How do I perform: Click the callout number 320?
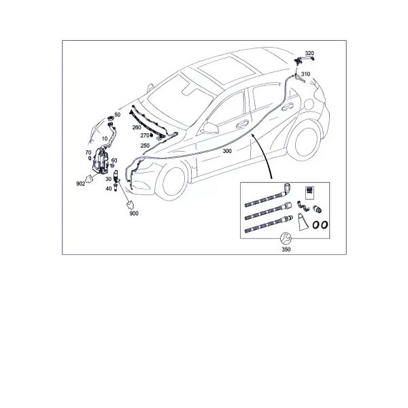pos(309,53)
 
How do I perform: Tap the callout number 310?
pos(305,74)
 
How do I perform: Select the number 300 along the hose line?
pos(227,151)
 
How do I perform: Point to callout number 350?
pos(286,250)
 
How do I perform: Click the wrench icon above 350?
pos(286,239)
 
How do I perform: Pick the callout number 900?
pos(134,214)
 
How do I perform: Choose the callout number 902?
pos(80,184)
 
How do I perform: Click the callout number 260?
pos(137,127)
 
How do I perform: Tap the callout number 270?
pos(145,135)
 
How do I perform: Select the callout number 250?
pos(145,146)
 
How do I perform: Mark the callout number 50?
pos(118,115)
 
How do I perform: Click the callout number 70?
pos(88,153)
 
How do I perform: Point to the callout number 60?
pos(114,160)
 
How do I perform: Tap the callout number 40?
pos(109,188)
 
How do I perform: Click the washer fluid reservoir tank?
pos(100,160)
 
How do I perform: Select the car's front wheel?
pos(172,182)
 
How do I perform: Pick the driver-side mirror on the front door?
pos(210,128)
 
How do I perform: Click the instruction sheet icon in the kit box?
pos(309,193)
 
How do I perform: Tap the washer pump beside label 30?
pos(116,176)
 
